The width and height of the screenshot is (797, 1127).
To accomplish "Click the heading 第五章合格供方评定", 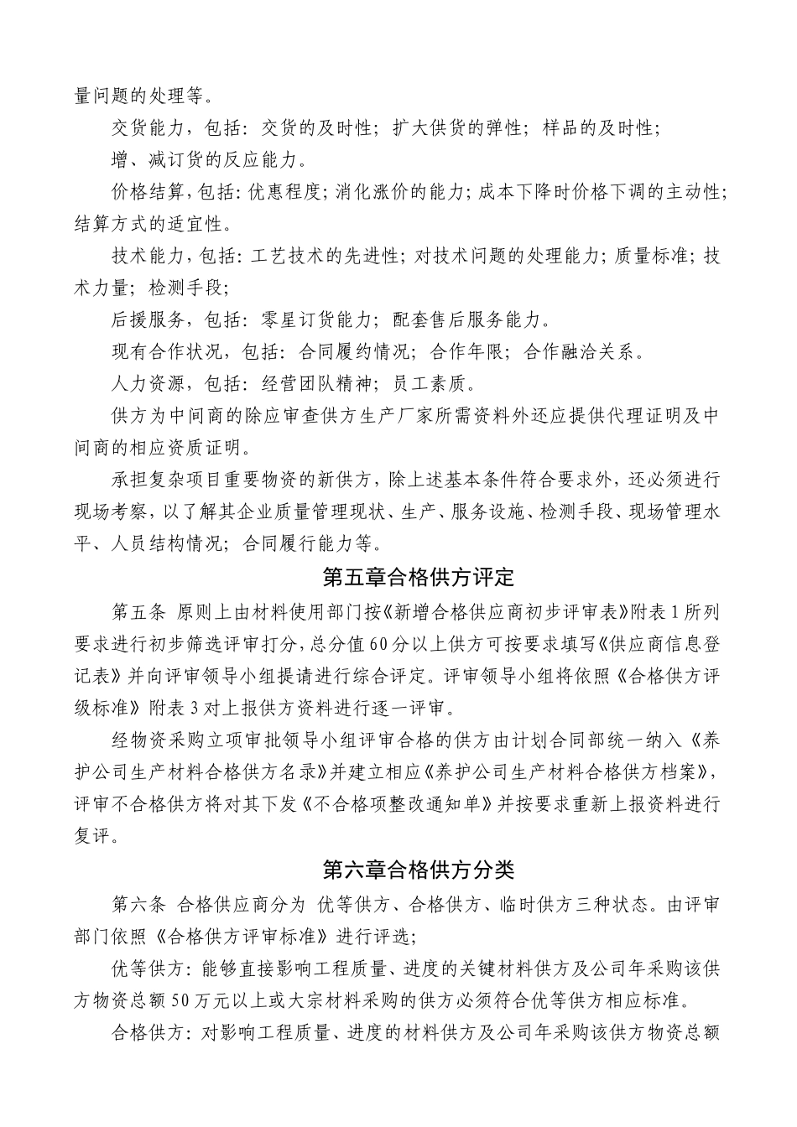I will point(418,578).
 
